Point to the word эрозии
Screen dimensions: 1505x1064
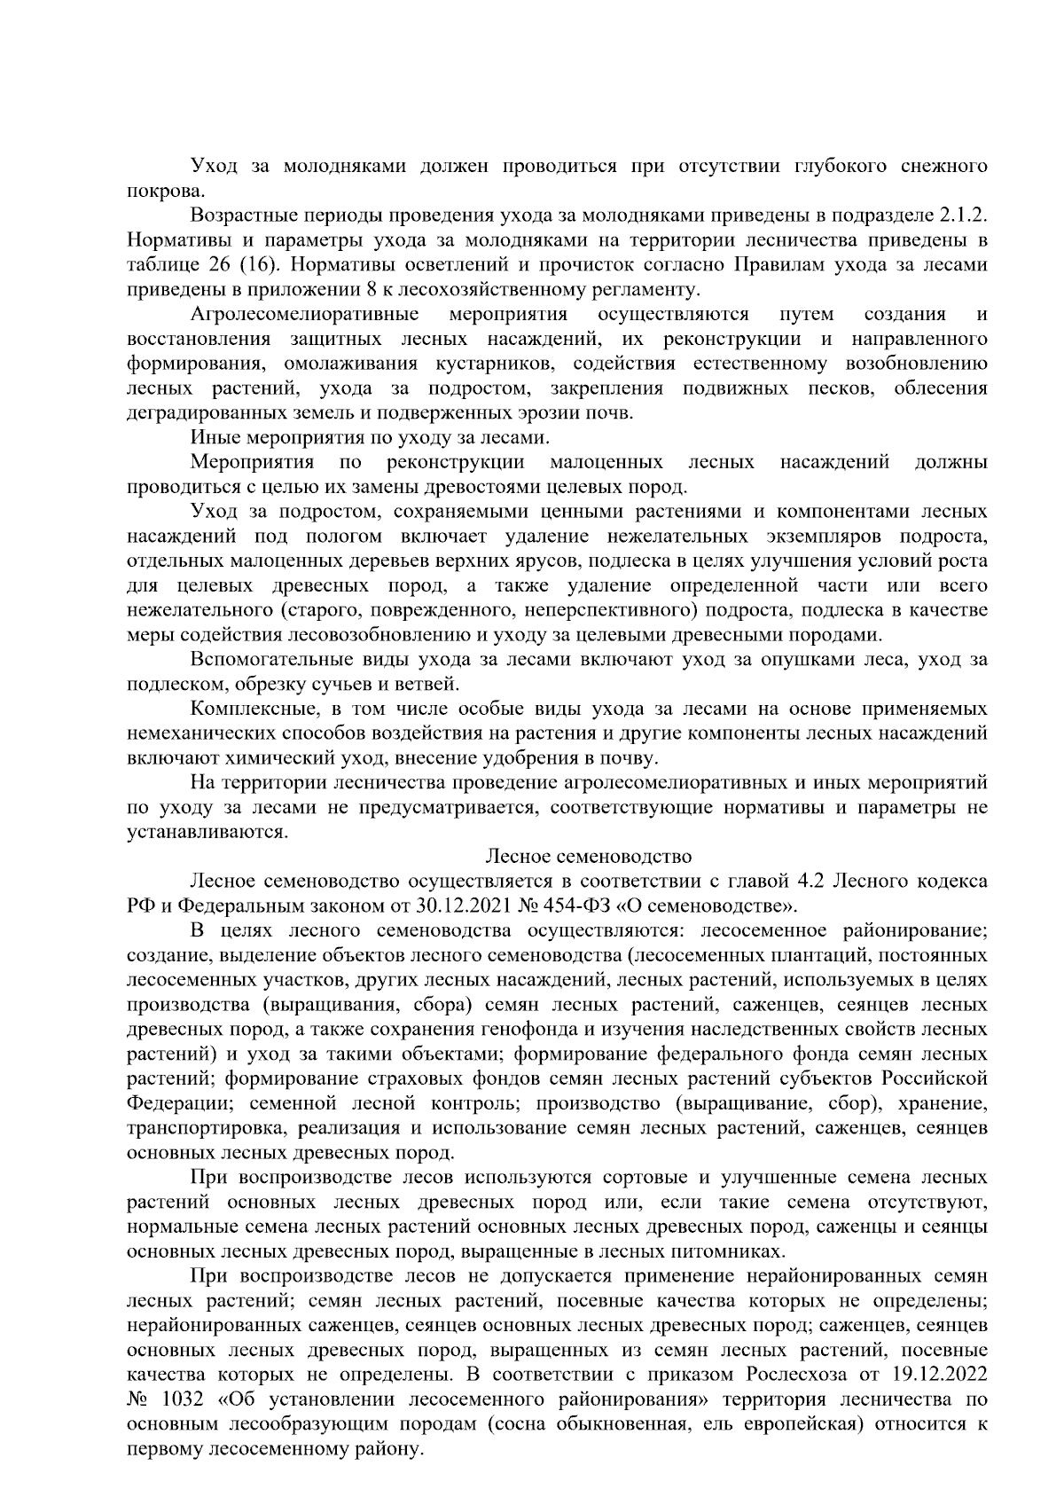pos(558,412)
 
